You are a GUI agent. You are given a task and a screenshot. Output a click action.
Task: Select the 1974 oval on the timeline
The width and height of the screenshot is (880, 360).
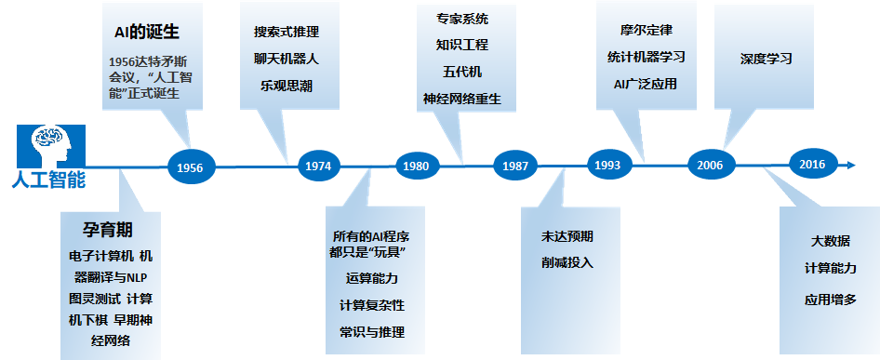pos(318,167)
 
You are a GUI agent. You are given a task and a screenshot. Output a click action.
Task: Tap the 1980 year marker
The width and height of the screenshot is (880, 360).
pos(416,167)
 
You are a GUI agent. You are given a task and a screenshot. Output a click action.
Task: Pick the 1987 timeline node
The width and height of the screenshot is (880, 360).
pos(514,166)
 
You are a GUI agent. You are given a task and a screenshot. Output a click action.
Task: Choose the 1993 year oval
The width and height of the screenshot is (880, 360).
pos(607,165)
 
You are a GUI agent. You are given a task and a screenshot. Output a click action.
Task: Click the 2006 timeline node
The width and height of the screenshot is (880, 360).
pos(710,165)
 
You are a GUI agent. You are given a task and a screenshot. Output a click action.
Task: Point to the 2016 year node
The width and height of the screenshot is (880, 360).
pos(812,164)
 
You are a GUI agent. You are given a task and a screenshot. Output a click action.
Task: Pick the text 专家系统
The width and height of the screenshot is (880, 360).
pos(461,18)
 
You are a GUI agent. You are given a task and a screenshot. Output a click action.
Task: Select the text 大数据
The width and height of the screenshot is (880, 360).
pos(830,242)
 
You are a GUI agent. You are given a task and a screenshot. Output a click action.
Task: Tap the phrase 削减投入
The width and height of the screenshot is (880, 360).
pos(567,262)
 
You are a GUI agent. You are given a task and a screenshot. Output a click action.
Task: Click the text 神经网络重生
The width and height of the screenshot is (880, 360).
pos(461,98)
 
